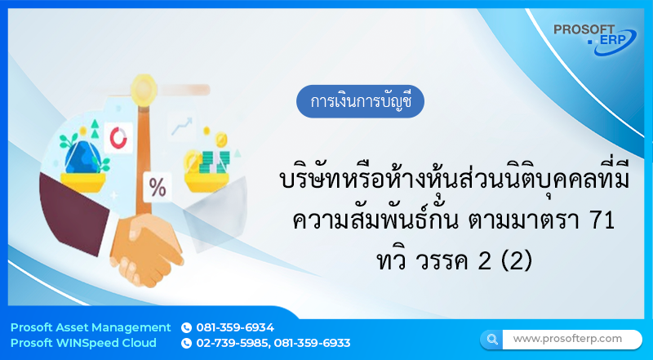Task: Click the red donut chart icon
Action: coord(119,137)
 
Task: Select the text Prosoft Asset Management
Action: coord(91,327)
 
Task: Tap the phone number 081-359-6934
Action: coord(234,327)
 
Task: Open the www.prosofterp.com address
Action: coord(567,338)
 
